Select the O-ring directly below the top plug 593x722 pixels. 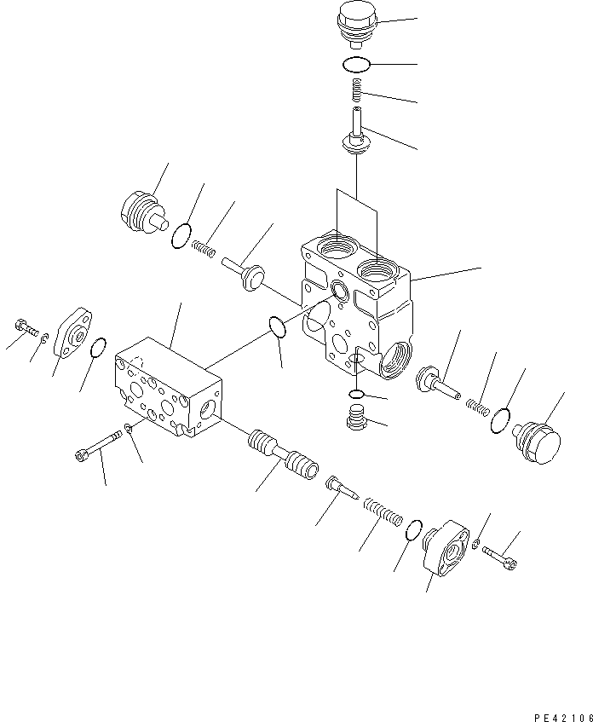355,64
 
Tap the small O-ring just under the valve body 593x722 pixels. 358,393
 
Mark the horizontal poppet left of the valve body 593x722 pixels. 242,270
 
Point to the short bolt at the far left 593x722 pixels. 25,327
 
